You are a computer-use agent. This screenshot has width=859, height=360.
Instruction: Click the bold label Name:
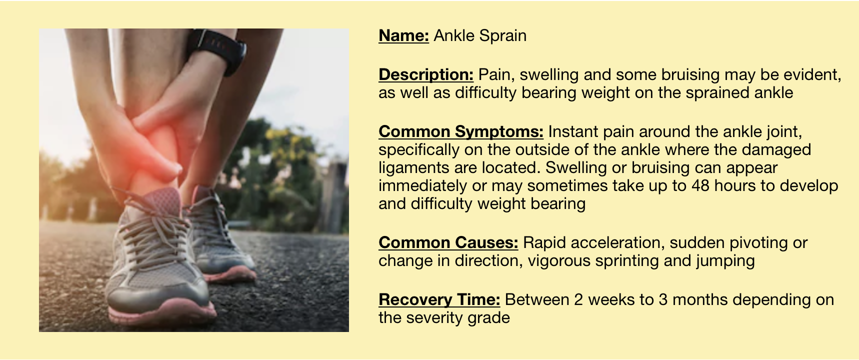[404, 36]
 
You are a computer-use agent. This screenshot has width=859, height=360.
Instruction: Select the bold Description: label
[426, 74]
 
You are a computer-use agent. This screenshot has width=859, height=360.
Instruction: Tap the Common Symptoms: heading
[461, 131]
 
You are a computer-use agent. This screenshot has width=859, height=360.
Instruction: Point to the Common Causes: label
[448, 242]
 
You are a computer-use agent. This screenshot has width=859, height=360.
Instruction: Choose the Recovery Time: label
[439, 299]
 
